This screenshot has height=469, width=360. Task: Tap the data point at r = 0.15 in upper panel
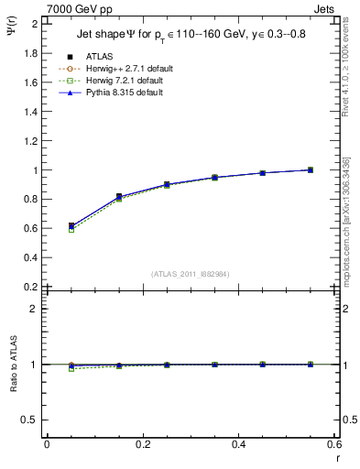[119, 197]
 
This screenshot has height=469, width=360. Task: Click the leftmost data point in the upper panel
[71, 225]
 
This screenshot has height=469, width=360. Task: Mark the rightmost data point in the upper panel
[311, 169]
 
